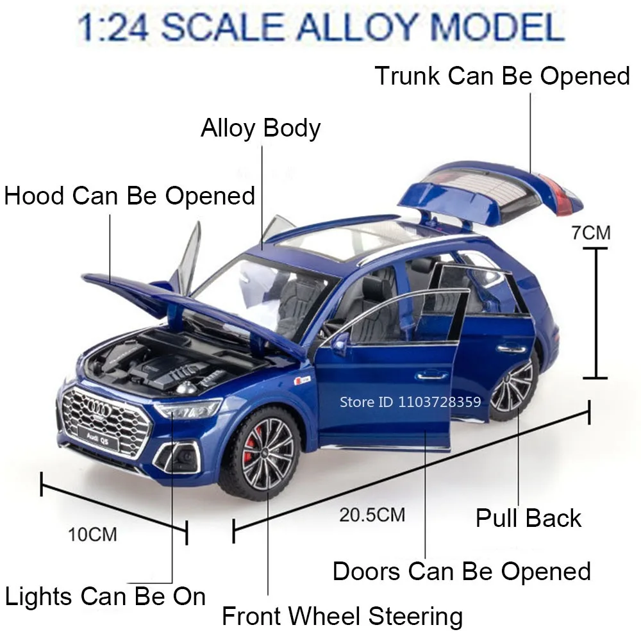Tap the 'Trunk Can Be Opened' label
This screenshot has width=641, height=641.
[503, 76]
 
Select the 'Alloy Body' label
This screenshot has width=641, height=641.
[260, 128]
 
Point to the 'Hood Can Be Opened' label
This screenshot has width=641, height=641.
[129, 196]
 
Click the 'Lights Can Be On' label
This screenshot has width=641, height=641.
[105, 597]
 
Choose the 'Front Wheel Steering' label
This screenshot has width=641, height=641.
[342, 617]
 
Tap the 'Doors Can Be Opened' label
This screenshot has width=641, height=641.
[462, 571]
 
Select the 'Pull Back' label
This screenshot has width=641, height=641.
[528, 518]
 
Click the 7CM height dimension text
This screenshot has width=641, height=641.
[591, 233]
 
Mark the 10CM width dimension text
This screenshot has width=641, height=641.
[93, 534]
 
